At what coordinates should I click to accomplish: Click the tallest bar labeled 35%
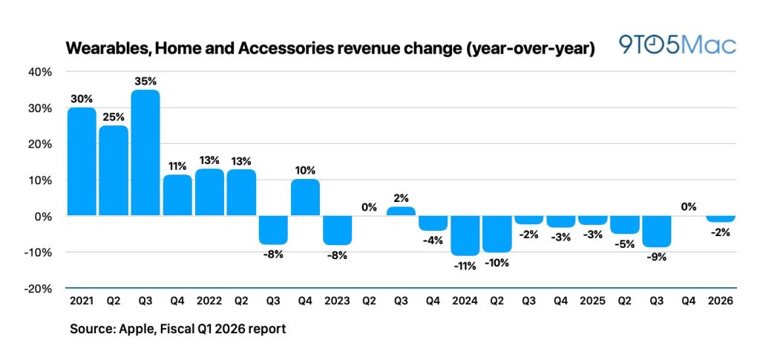tap(145, 153)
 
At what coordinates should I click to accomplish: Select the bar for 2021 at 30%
tap(82, 162)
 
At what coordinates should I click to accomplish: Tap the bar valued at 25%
tap(114, 171)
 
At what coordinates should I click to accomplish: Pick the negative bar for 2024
tap(465, 235)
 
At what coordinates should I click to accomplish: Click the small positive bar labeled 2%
tap(401, 212)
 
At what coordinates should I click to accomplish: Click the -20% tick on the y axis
tap(39, 289)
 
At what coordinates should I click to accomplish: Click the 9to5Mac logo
tap(678, 45)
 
